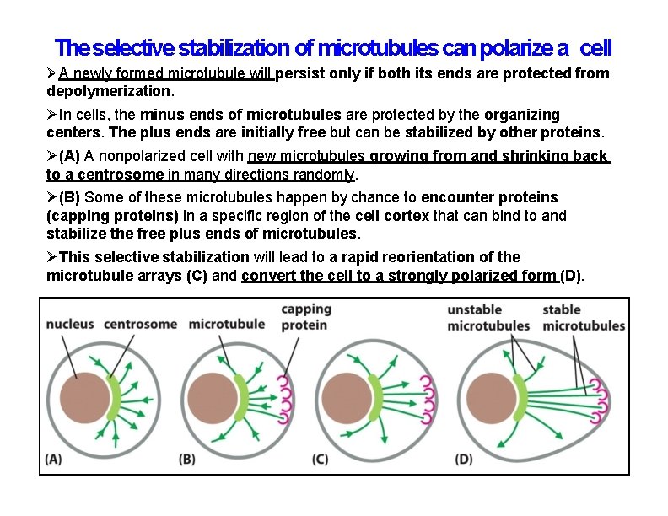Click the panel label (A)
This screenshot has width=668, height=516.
53,460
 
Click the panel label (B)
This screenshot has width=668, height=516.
187,460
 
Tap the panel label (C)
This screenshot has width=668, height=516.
321,460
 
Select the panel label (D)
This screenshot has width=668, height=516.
463,460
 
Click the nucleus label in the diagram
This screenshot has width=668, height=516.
70,324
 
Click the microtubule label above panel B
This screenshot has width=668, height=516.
226,324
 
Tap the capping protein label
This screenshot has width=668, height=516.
305,317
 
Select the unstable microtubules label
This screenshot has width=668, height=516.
488,317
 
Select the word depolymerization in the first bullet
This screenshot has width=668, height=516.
108,90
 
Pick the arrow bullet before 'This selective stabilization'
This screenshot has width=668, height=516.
52,257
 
